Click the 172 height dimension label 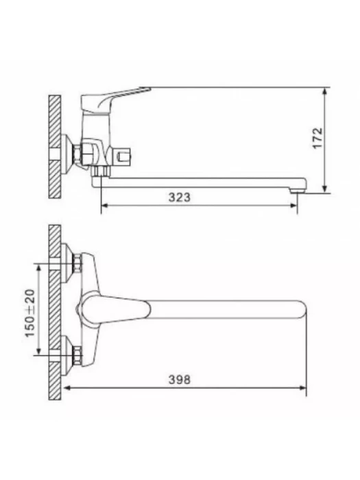pyautogui.click(x=317, y=138)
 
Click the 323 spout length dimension pyautogui.click(x=180, y=197)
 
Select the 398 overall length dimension pyautogui.click(x=180, y=380)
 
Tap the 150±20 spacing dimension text pyautogui.click(x=30, y=313)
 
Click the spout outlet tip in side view pyautogui.click(x=297, y=191)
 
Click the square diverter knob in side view pyautogui.click(x=123, y=157)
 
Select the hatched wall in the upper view pyautogui.click(x=55, y=147)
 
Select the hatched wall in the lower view pyautogui.click(x=55, y=313)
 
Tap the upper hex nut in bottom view pyautogui.click(x=77, y=263)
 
